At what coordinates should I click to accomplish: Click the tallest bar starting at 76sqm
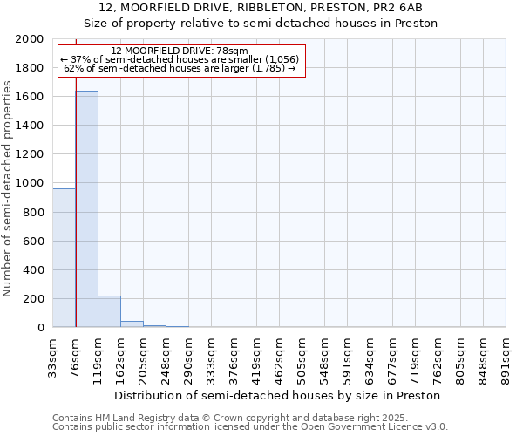pos(86,209)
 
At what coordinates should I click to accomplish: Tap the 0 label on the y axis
pos(42,328)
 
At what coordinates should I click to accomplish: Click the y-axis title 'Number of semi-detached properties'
pos(8,188)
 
